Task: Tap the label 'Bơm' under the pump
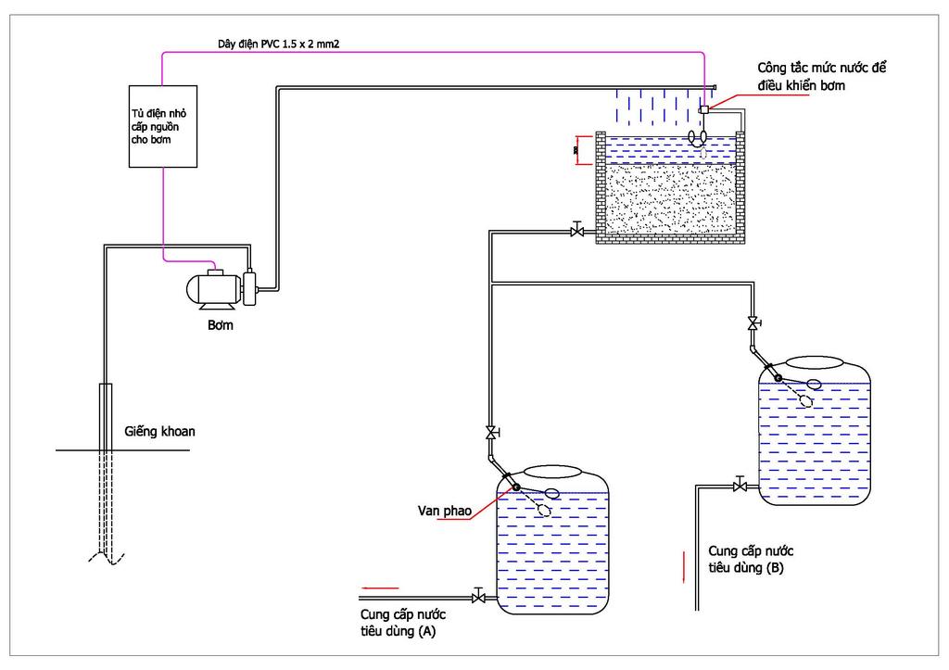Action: (221, 325)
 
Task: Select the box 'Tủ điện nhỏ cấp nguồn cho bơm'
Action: (163, 127)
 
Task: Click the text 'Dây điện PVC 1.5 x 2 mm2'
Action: (278, 44)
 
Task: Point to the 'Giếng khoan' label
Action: (159, 432)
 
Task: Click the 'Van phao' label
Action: (444, 511)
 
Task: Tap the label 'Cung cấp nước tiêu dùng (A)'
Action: (403, 623)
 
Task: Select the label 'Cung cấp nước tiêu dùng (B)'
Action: (751, 559)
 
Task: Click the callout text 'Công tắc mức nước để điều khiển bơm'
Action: (821, 76)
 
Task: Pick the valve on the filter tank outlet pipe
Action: (576, 231)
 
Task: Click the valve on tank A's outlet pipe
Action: (478, 598)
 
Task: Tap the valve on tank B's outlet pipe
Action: (739, 486)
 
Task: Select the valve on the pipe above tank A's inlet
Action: (492, 433)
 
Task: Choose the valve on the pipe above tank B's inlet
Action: (753, 323)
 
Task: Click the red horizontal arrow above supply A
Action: (380, 588)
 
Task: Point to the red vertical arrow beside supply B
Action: (684, 567)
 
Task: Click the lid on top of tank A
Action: (552, 472)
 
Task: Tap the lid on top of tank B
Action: (814, 362)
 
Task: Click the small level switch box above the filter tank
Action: (703, 109)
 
